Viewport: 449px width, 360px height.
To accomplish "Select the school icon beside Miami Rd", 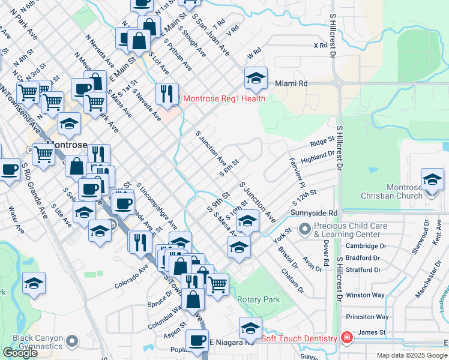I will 256,78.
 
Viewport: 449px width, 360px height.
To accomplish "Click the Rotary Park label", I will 259,299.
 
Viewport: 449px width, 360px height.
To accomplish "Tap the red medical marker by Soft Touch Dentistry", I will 346,338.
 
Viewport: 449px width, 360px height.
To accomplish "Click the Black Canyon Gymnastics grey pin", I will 73,341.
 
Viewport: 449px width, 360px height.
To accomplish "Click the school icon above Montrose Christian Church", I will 432,179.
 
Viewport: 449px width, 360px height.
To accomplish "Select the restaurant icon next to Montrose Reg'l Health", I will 167,94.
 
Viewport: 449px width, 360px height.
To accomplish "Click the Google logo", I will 19,353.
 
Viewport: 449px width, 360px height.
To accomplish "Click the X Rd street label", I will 320,46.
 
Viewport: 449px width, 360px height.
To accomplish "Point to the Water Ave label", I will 16,220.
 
